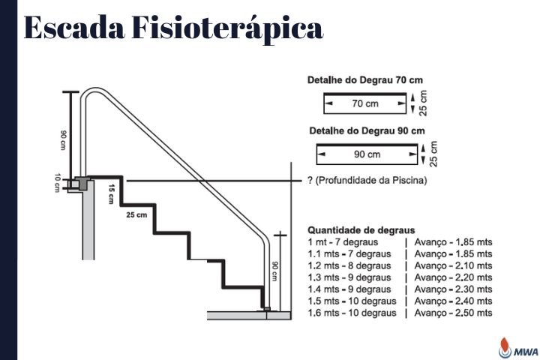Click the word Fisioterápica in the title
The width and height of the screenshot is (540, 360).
[227, 28]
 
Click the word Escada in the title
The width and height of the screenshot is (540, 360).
[74, 28]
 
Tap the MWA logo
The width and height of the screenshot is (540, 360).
[519, 348]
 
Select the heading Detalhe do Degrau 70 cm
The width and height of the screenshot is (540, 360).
[365, 80]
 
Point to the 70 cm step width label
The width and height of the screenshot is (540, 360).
[365, 103]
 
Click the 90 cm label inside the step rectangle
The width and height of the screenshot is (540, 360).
[367, 154]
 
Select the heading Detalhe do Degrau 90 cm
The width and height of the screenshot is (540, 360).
[367, 131]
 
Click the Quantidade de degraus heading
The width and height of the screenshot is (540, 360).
[361, 230]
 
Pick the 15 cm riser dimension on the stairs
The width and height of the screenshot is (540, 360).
[111, 194]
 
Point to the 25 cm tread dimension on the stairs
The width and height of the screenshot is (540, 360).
[136, 215]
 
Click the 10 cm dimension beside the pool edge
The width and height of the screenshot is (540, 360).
[58, 182]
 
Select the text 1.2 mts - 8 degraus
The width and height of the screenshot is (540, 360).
[349, 265]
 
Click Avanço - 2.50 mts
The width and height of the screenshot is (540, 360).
[453, 313]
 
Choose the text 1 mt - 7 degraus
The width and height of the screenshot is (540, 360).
[343, 242]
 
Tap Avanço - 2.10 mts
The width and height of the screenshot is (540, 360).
[453, 265]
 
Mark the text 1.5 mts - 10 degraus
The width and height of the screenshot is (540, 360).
[352, 301]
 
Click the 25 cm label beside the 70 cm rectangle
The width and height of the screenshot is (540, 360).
[423, 103]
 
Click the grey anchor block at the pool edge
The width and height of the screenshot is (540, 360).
[82, 182]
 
